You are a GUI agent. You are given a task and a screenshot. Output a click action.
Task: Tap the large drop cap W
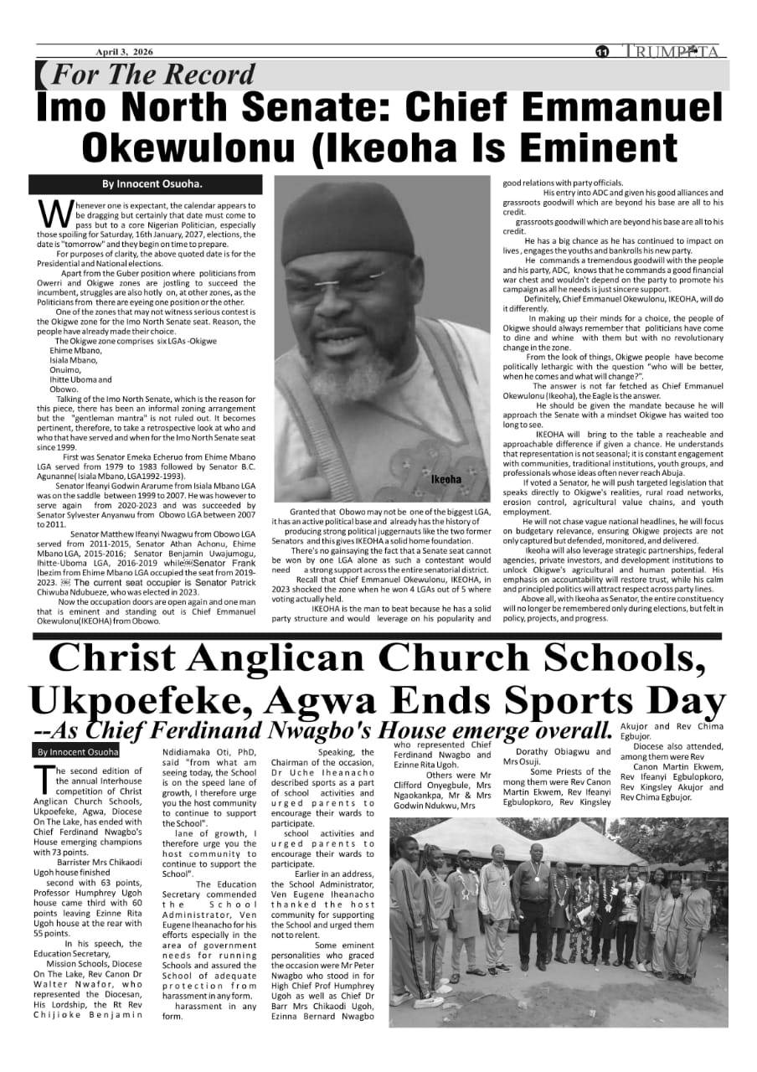tap(54, 214)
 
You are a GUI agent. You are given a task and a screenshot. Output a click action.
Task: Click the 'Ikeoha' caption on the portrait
tap(446, 480)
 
